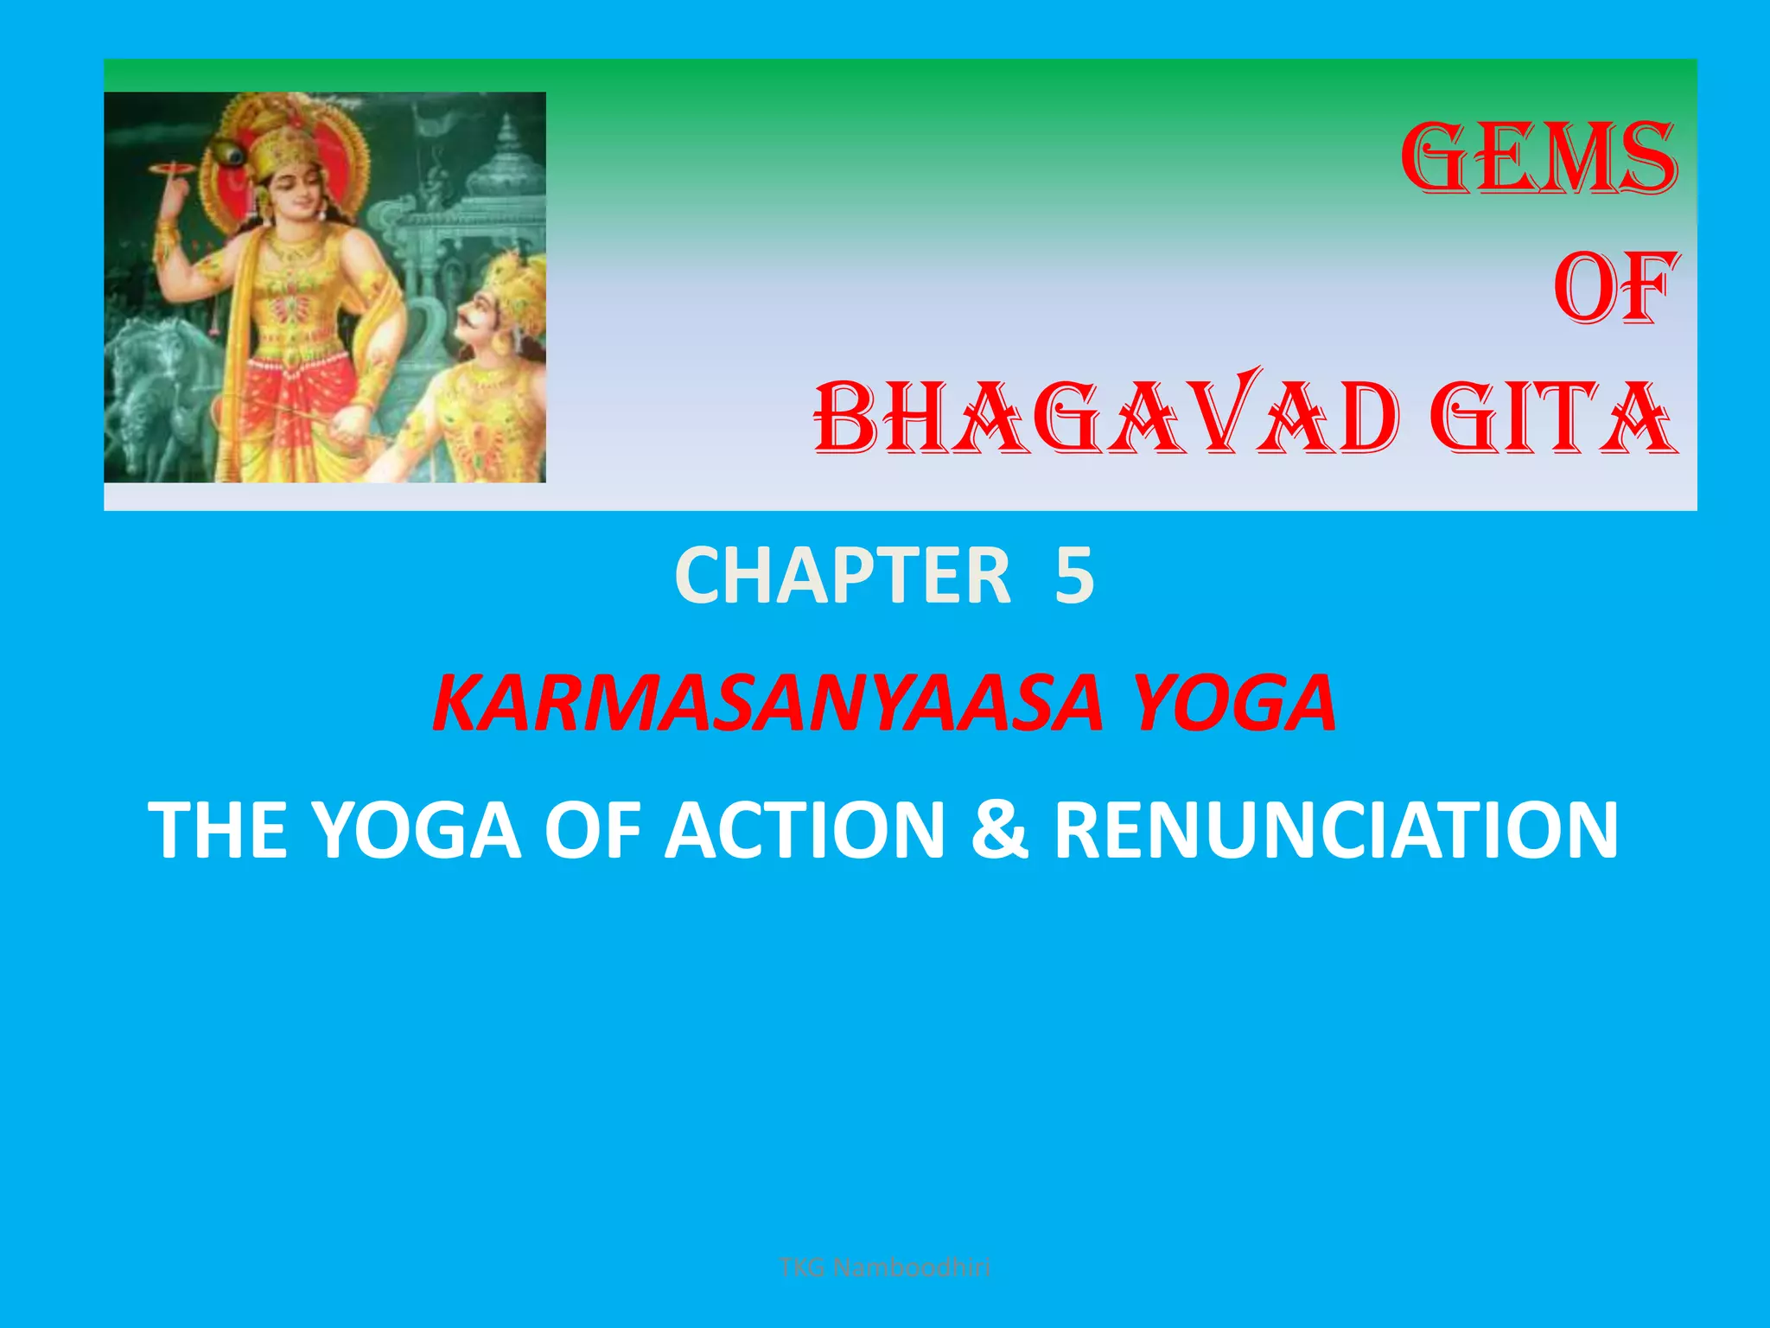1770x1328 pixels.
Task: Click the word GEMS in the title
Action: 1538,159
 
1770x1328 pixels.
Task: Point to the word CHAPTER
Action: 843,577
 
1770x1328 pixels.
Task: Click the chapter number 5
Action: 1074,577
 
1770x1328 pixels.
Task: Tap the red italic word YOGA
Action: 1234,703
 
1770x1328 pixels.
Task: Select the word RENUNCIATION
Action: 1336,831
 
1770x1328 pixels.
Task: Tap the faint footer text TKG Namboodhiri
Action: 884,1268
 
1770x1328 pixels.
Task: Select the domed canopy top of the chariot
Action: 506,160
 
